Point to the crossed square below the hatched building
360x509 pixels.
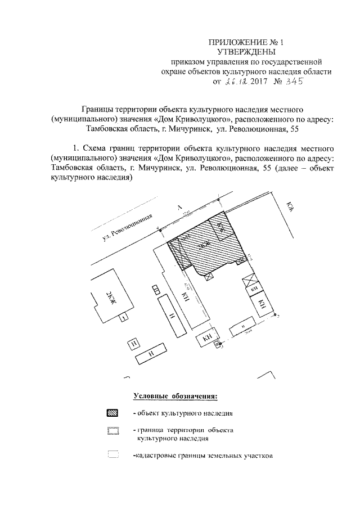coord(209,275)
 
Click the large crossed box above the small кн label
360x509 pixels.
coord(249,281)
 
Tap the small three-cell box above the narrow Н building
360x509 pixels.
coord(155,289)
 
